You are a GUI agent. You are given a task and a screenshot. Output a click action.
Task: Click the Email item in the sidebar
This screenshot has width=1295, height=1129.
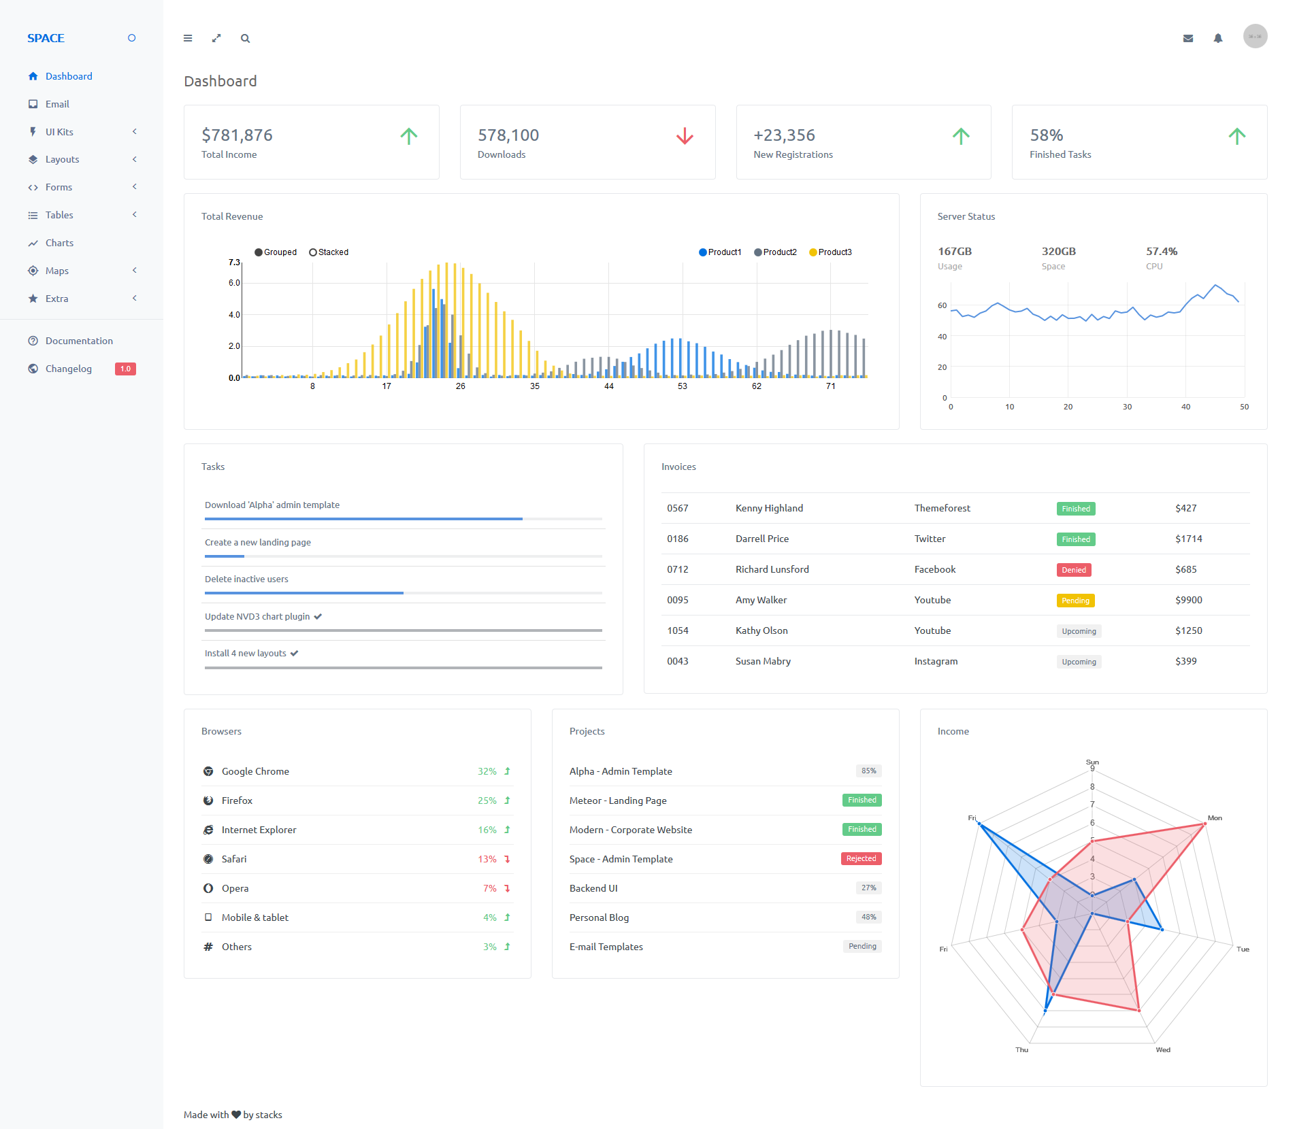point(57,104)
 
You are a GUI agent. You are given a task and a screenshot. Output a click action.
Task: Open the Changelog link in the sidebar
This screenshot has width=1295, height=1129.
point(68,369)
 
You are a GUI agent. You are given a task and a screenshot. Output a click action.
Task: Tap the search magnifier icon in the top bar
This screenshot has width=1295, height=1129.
point(245,39)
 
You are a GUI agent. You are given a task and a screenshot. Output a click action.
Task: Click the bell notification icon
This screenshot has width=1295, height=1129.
point(1218,38)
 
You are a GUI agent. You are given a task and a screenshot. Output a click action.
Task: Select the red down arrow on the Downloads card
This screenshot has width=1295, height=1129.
point(685,136)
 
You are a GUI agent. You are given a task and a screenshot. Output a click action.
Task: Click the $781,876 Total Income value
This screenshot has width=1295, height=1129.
point(237,135)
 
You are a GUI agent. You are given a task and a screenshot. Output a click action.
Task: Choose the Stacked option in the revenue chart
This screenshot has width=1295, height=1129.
point(329,252)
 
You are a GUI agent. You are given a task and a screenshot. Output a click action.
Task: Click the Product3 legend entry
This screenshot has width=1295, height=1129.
point(830,252)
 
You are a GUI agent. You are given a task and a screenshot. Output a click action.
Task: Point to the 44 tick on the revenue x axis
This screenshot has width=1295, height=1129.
point(609,386)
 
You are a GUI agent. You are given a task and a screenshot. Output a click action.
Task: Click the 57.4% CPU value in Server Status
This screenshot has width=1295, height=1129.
point(1162,252)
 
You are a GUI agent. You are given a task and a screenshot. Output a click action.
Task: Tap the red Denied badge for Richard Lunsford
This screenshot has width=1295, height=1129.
point(1074,570)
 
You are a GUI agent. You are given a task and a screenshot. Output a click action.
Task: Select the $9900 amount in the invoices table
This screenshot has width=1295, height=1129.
point(1189,600)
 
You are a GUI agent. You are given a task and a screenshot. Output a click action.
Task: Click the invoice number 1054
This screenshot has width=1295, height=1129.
point(678,630)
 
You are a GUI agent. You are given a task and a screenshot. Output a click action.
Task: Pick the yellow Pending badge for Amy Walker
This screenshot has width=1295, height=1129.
point(1076,601)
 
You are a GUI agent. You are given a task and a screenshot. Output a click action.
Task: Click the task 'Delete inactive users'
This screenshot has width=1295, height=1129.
point(246,579)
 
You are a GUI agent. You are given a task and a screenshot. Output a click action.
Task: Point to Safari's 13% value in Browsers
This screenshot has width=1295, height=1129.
point(487,859)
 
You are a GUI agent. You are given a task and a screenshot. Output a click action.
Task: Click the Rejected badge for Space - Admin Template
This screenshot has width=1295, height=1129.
point(862,858)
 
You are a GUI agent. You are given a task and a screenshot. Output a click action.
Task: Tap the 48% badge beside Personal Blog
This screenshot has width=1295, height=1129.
point(869,917)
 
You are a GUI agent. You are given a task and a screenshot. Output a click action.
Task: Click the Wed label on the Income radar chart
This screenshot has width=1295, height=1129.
point(1163,1049)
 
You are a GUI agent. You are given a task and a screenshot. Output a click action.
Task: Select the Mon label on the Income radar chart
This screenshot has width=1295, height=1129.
point(1215,818)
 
